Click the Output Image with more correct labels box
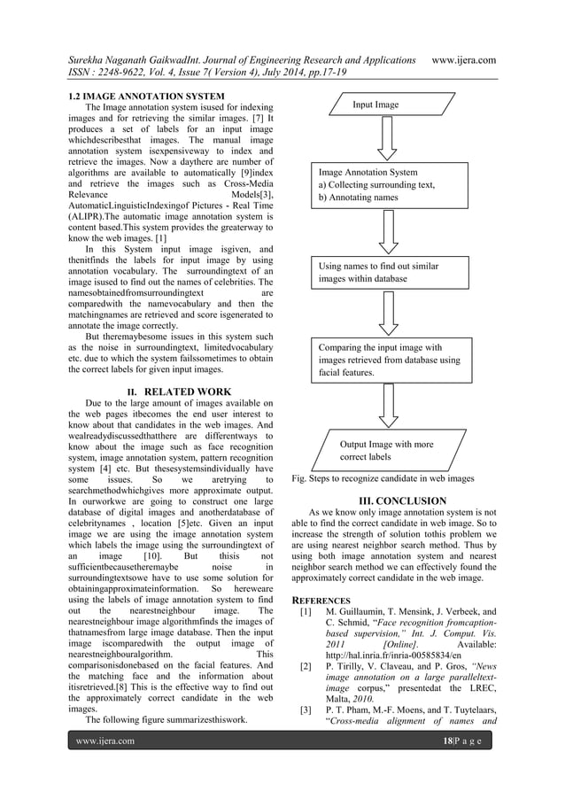coord(387,449)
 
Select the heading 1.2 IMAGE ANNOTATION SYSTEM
coord(146,95)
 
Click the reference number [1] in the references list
coord(306,612)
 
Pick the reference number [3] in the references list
coord(306,710)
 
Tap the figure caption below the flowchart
coord(382,478)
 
